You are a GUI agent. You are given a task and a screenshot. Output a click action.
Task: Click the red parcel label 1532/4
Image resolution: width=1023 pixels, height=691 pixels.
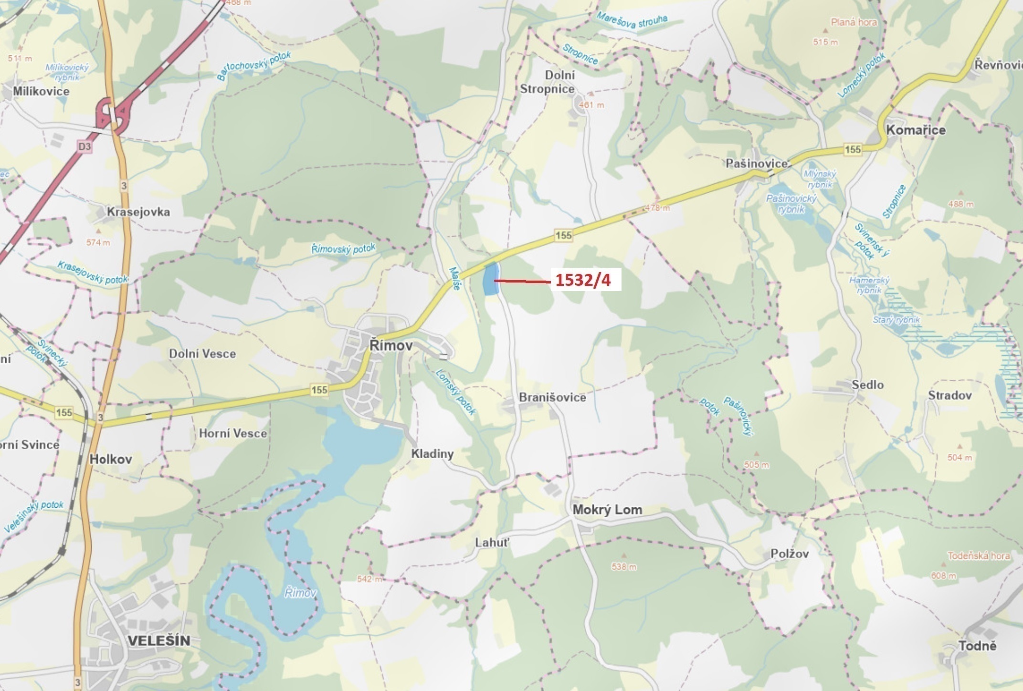[583, 280]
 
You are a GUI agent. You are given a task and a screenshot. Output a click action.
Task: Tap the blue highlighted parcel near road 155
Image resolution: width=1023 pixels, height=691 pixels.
[490, 280]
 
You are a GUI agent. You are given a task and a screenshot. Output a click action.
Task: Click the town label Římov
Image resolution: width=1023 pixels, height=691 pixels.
[391, 345]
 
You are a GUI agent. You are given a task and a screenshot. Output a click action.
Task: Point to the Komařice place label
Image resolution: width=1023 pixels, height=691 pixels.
[915, 130]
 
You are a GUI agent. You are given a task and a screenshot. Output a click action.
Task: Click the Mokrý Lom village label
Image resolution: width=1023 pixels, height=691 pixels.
[607, 509]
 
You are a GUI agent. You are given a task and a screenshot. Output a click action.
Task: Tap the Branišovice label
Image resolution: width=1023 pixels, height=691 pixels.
[552, 397]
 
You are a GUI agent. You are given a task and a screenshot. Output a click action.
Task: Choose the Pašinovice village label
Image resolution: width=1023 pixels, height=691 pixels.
[757, 163]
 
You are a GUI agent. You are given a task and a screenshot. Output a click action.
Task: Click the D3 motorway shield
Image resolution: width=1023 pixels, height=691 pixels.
[84, 146]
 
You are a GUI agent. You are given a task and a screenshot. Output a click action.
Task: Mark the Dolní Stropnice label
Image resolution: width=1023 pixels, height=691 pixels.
[548, 82]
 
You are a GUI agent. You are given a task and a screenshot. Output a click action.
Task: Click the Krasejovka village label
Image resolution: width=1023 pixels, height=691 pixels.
[138, 211]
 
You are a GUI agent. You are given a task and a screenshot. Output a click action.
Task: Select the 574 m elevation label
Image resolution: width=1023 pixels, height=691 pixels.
[98, 242]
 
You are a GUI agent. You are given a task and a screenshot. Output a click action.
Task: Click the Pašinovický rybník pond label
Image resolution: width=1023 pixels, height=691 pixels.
[791, 203]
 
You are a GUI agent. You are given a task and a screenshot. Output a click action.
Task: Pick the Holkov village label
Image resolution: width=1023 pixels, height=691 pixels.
[111, 459]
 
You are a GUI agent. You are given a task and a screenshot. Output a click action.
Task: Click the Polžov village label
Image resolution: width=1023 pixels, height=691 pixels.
[790, 553]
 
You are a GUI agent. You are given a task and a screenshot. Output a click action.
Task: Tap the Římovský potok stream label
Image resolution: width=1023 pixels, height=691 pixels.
[343, 249]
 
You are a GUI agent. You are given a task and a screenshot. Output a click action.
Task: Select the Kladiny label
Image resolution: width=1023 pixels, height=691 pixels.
[432, 453]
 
